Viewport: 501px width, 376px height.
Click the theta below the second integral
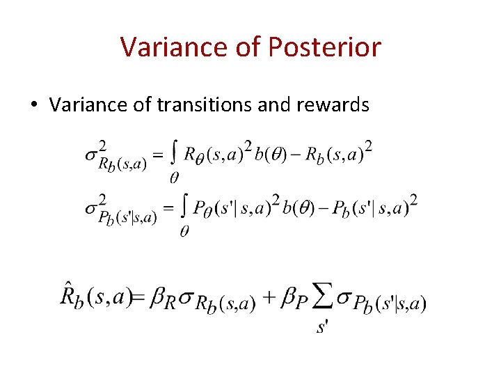coord(184,231)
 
